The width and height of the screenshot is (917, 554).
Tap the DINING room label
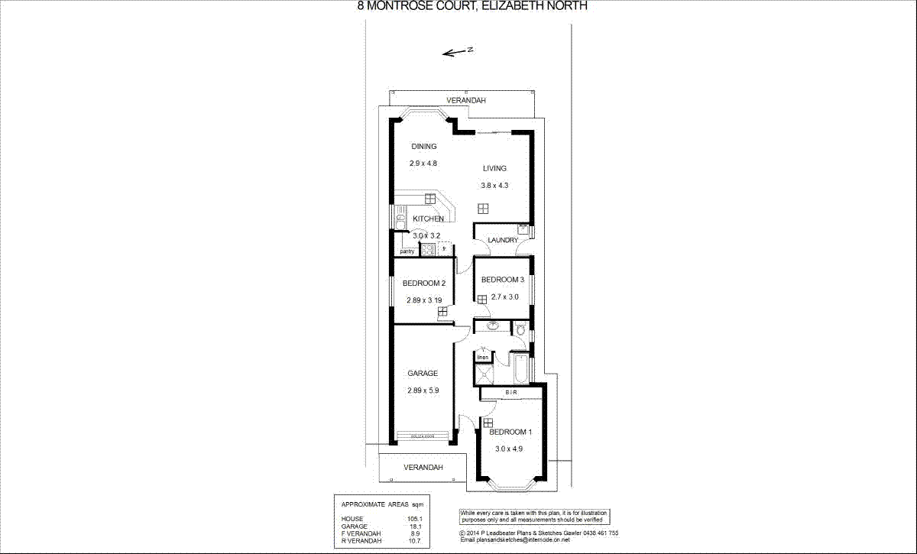[423, 147]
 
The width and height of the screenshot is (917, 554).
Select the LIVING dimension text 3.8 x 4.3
[494, 185]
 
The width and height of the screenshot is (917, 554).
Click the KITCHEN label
[428, 219]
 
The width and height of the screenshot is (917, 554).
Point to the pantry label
[407, 251]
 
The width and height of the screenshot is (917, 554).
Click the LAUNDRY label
[503, 241]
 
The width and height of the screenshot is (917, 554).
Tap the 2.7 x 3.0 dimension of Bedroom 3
[504, 297]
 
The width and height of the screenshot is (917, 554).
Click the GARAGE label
[423, 374]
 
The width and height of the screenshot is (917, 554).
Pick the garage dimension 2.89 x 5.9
[423, 390]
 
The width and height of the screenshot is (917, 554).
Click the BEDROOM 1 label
[510, 432]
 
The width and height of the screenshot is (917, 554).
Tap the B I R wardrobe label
[511, 393]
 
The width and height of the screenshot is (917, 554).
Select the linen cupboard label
[483, 358]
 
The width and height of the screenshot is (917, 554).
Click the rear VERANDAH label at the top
[466, 101]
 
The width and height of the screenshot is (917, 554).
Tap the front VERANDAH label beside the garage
[423, 466]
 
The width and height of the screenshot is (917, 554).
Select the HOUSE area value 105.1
[414, 520]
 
